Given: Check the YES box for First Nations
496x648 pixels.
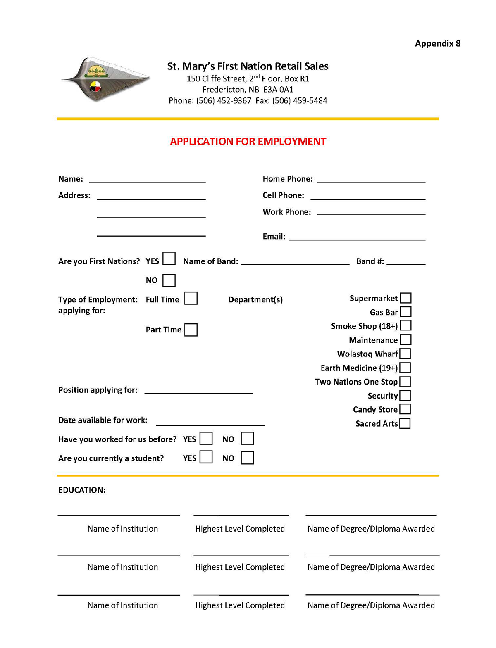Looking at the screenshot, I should tap(169, 259).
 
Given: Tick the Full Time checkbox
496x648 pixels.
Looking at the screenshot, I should tap(191, 298).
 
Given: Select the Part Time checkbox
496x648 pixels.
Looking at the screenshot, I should tap(191, 330).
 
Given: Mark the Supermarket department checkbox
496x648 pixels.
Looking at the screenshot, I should tap(406, 298).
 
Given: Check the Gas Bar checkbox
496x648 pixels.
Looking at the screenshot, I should tap(406, 312).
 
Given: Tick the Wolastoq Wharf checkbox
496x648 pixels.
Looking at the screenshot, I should tap(405, 354).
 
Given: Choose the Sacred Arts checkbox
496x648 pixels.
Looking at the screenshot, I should tap(405, 423).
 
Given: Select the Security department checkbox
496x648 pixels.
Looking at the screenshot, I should tap(405, 396).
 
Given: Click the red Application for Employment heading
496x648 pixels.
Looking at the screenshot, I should tap(248, 142).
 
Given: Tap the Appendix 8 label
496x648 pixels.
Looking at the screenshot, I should tap(437, 44).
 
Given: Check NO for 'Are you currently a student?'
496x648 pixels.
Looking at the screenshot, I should tap(247, 458).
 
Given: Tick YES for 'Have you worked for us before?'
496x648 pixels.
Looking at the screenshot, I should tap(206, 439).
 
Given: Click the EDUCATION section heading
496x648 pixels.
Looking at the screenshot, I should tap(82, 490).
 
